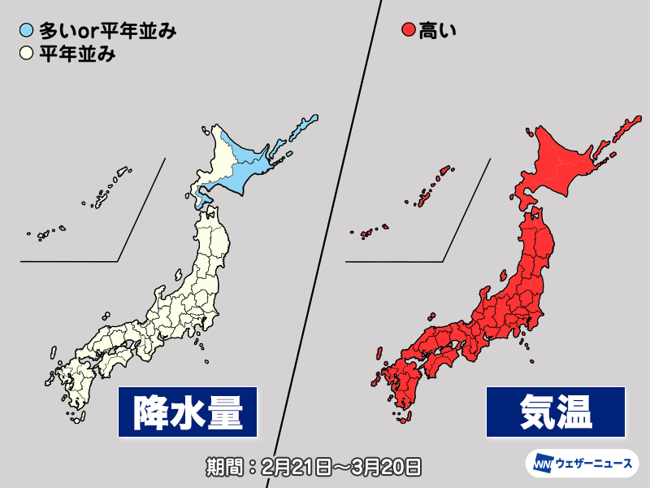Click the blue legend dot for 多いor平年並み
pos(27,33)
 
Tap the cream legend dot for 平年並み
pos(27,55)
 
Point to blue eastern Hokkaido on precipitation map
pos(260,167)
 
